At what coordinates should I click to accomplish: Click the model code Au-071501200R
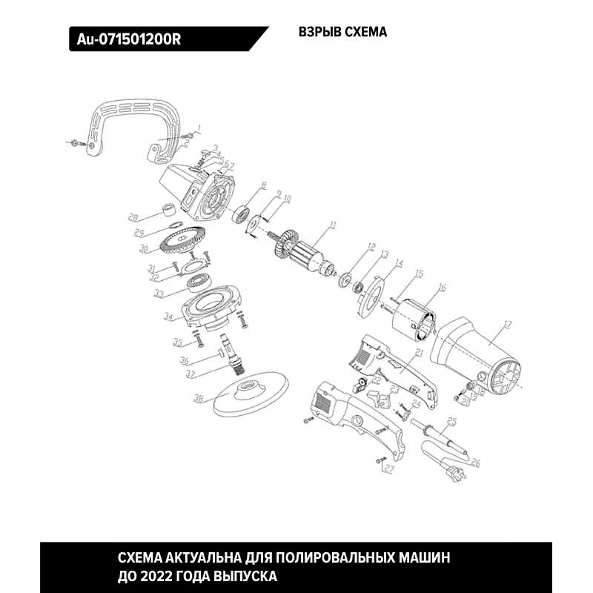coord(129,39)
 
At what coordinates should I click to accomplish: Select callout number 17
coord(507,324)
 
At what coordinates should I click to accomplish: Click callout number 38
coord(198,400)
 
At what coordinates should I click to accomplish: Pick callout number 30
coord(145,248)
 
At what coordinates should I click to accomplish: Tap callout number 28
coord(133,218)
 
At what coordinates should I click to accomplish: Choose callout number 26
coord(475,463)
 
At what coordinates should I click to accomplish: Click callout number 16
coord(442,288)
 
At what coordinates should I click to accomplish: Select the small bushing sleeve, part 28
coord(170,209)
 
